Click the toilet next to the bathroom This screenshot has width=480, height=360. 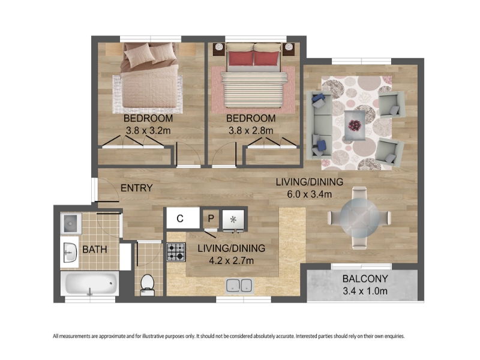[147, 285]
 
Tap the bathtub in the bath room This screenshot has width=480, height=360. [89, 283]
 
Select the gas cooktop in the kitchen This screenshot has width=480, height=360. [176, 252]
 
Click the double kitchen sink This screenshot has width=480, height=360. [239, 286]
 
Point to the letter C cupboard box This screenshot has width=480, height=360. [183, 218]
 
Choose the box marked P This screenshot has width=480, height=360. [211, 218]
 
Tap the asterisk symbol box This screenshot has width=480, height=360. [233, 219]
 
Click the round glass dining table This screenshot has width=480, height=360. [359, 217]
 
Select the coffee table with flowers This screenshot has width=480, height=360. [355, 125]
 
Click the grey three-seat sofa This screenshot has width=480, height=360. [319, 125]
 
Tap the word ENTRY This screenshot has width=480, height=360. [137, 188]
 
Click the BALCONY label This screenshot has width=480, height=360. [365, 278]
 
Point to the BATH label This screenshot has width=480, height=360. [95, 249]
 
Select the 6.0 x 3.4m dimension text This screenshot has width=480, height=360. [309, 194]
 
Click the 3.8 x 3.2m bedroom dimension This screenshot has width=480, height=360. [148, 131]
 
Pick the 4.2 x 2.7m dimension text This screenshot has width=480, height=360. [231, 260]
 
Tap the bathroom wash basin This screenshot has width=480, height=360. [70, 253]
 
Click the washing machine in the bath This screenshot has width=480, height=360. [71, 223]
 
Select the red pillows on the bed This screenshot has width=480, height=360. [254, 58]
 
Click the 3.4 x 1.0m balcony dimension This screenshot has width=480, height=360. [365, 290]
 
